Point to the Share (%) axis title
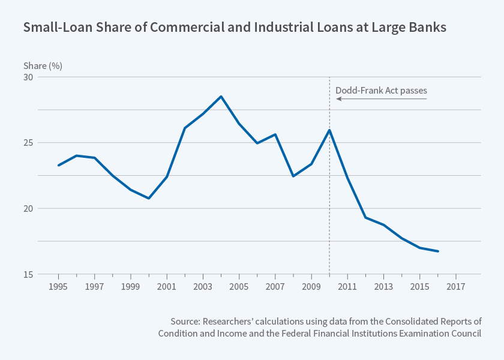[x=43, y=65]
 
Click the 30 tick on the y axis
[x=29, y=77]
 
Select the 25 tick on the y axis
[x=29, y=143]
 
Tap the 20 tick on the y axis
[x=29, y=209]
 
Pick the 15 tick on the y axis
[x=29, y=274]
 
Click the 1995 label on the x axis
[x=58, y=286]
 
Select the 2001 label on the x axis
[x=167, y=286]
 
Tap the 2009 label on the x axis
[x=311, y=286]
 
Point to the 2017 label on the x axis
[x=456, y=286]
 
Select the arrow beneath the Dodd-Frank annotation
[x=381, y=99]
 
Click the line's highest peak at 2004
[x=221, y=97]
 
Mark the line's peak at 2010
[x=329, y=130]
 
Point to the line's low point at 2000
[x=149, y=198]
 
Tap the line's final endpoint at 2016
[x=438, y=251]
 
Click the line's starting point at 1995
[x=58, y=165]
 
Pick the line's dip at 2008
[x=293, y=176]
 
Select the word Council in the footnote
[x=465, y=334]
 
